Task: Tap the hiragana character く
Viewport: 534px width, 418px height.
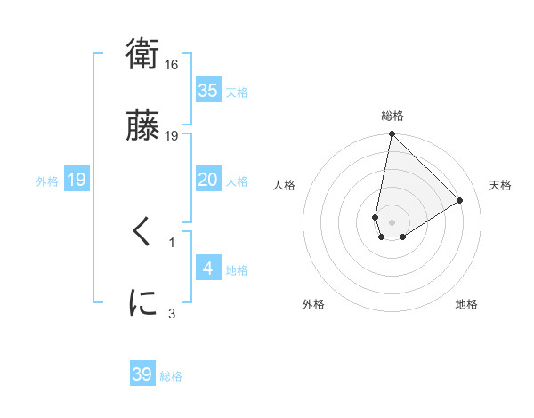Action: click(142, 233)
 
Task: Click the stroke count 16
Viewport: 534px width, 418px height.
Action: click(173, 65)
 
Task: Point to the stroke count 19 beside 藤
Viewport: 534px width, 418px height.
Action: click(173, 135)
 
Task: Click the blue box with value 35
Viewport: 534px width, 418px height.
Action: click(207, 90)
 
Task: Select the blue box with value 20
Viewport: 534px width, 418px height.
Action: click(207, 180)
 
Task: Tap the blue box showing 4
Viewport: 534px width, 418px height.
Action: click(207, 268)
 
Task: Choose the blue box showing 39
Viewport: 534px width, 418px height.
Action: click(142, 374)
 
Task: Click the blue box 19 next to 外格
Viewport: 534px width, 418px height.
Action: click(77, 180)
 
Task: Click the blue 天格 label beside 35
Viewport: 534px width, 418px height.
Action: click(237, 92)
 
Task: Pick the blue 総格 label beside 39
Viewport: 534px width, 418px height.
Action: click(171, 376)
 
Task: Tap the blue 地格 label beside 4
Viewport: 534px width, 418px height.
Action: click(237, 270)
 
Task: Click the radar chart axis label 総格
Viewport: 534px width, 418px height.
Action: click(392, 116)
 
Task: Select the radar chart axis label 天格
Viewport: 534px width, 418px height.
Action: click(501, 185)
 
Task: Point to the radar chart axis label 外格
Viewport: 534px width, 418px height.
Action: click(313, 304)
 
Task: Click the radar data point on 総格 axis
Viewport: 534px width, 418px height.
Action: click(392, 135)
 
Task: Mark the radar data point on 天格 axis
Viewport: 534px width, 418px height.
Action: click(460, 201)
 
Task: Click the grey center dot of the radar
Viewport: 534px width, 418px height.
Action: click(392, 222)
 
